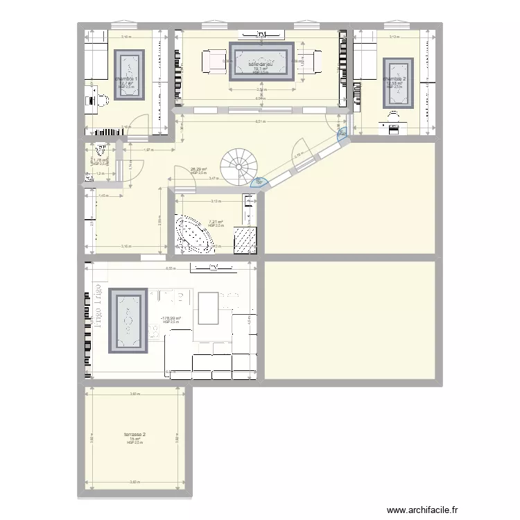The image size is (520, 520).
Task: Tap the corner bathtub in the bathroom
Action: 196,233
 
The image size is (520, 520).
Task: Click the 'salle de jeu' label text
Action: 260,64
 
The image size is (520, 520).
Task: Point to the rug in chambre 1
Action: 130,75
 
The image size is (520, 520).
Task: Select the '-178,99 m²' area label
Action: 171,319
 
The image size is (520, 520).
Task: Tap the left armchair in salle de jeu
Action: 211,62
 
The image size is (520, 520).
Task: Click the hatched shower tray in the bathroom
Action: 244,241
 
